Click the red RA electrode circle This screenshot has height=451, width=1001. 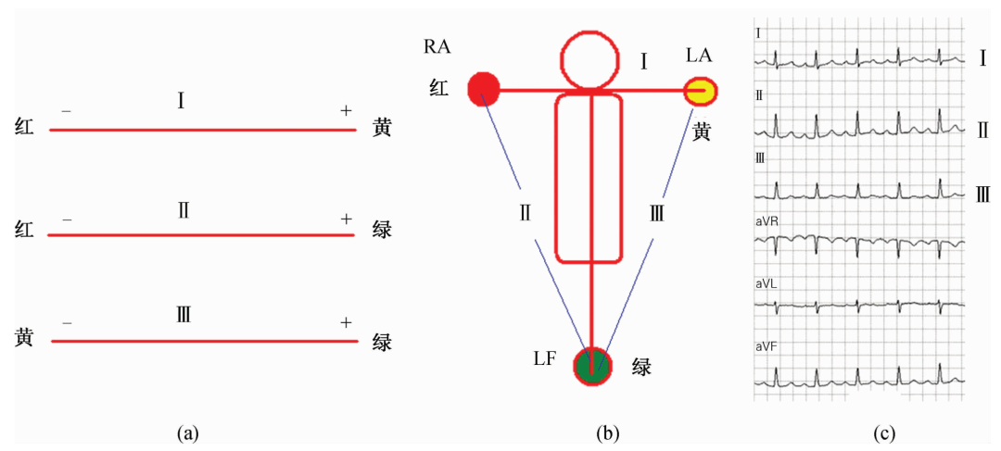click(x=483, y=89)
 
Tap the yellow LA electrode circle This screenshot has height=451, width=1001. click(x=701, y=91)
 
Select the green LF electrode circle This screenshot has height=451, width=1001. click(x=592, y=366)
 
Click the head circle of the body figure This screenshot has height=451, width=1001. click(x=589, y=59)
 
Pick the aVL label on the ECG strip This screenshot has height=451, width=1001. click(x=766, y=284)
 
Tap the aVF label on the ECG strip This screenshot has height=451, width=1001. click(x=766, y=345)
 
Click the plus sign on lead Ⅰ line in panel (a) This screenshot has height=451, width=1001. click(x=346, y=111)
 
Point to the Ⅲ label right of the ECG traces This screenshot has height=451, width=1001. click(x=983, y=194)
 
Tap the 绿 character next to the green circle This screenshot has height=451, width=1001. click(x=641, y=367)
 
